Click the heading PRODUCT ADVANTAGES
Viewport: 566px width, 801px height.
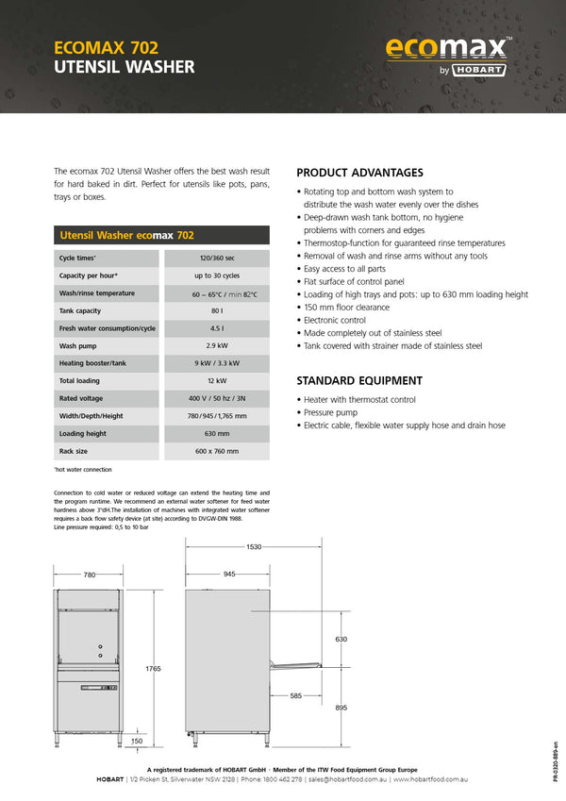tap(359, 173)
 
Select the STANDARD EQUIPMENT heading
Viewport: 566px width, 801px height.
tap(359, 381)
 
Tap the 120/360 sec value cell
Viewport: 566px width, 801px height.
tap(216, 258)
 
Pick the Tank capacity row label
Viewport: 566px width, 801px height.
tap(80, 310)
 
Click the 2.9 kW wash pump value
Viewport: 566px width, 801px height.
tap(216, 345)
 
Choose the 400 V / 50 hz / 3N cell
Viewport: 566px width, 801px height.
tap(216, 398)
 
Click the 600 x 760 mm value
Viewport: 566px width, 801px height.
tap(216, 451)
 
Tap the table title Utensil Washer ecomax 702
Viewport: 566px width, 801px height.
tap(127, 235)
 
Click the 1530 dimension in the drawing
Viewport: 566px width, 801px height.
tap(254, 547)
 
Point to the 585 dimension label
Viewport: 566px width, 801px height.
tap(296, 696)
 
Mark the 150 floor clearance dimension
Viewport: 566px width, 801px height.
tap(137, 741)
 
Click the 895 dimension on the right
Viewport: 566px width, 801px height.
tap(341, 708)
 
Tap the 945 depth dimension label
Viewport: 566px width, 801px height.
tap(229, 574)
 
